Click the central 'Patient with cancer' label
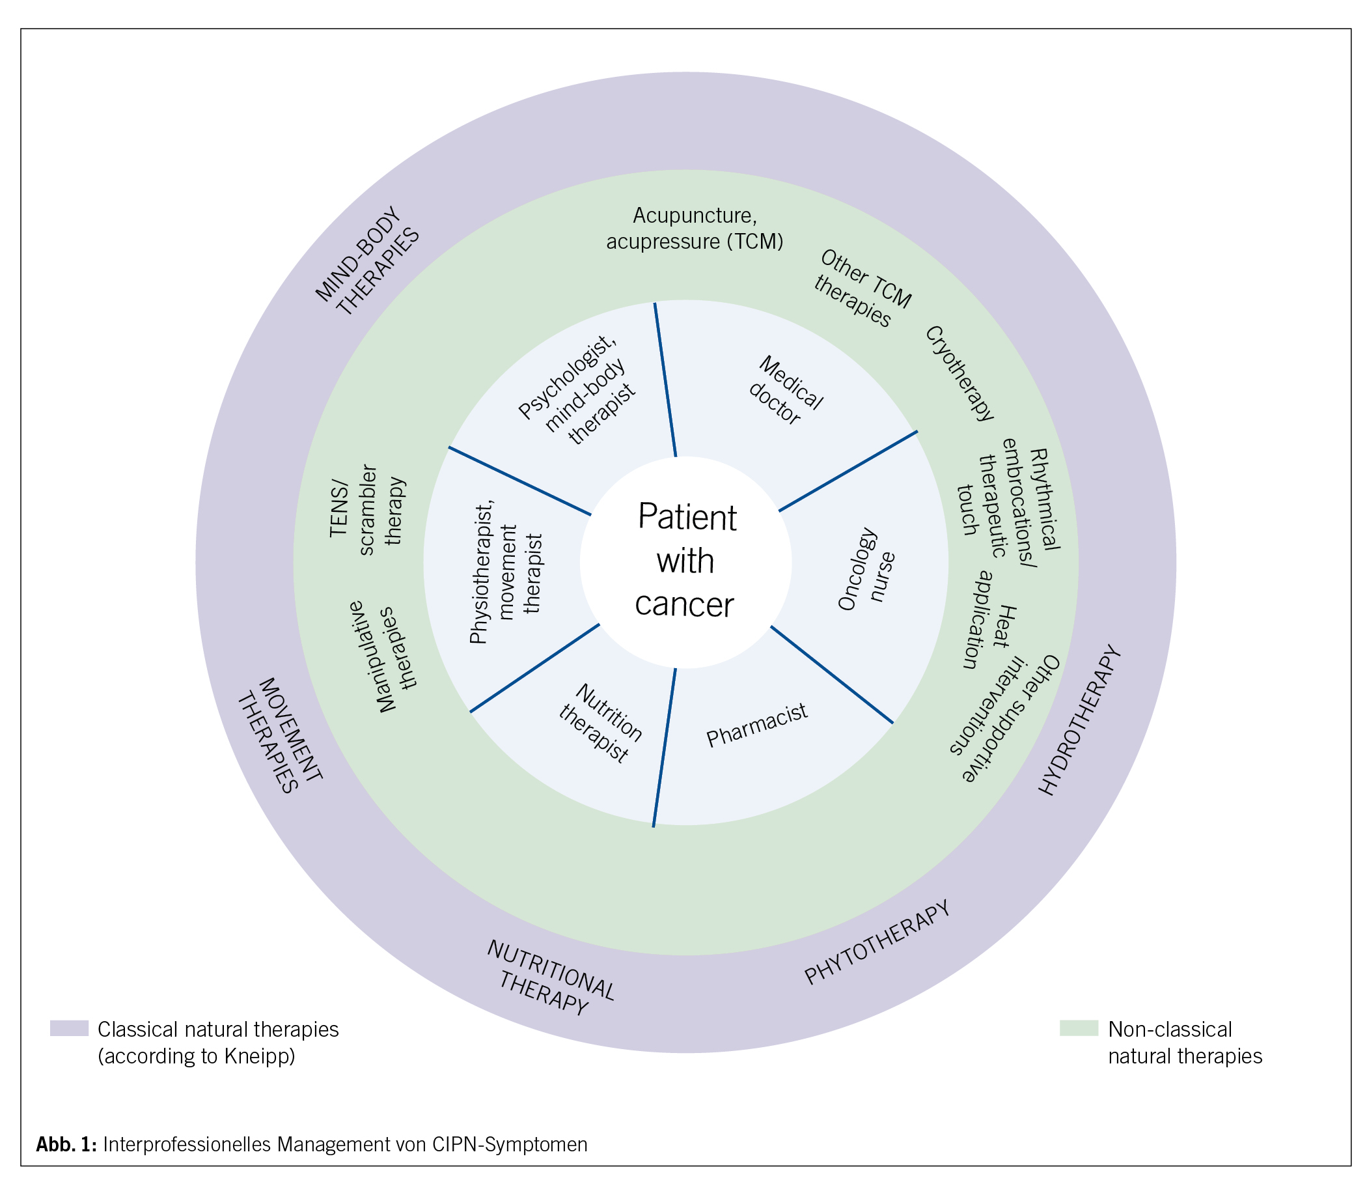685,561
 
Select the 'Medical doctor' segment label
784,391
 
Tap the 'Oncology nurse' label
866,569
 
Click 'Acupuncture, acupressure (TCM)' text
695,229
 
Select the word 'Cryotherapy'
960,374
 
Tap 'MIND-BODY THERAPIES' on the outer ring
368,262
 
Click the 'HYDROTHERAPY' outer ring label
1080,721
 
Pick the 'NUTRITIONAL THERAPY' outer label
549,979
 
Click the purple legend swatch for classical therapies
69,1028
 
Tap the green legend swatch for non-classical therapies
1079,1028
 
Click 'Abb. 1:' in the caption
66,1144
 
